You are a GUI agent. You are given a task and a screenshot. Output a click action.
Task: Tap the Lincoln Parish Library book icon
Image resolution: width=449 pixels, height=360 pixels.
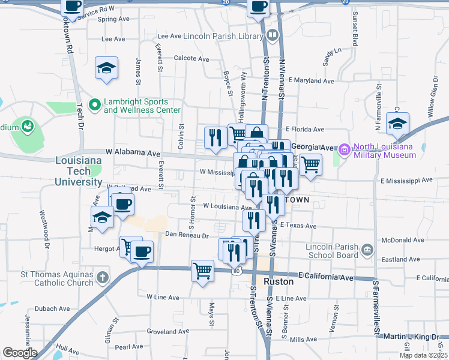tap(273, 36)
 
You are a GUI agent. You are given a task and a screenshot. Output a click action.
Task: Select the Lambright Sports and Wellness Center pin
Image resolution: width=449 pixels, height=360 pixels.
tap(94, 106)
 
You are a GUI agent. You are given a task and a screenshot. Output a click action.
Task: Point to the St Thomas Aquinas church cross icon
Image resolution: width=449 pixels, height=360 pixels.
tap(103, 278)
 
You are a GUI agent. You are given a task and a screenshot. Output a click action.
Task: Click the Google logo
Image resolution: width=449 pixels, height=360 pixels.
tap(20, 353)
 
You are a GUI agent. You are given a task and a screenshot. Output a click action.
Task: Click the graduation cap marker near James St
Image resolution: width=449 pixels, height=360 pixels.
tap(106, 68)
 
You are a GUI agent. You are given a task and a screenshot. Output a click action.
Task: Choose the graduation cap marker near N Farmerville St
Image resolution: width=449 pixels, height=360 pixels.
tap(397, 124)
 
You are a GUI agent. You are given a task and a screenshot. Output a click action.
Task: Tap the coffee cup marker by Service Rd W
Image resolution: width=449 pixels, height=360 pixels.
tap(73, 7)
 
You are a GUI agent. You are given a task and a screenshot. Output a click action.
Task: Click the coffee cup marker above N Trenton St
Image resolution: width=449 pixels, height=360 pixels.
tap(259, 7)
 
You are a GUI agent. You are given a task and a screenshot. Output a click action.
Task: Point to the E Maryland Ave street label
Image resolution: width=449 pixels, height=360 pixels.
tap(311, 80)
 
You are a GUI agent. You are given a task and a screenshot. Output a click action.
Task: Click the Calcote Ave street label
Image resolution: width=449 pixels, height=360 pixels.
tap(191, 59)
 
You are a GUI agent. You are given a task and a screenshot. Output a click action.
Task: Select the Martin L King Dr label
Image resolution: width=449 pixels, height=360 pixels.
tap(410, 337)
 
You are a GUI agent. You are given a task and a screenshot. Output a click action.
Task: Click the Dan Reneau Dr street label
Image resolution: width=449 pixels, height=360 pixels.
tap(186, 235)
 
